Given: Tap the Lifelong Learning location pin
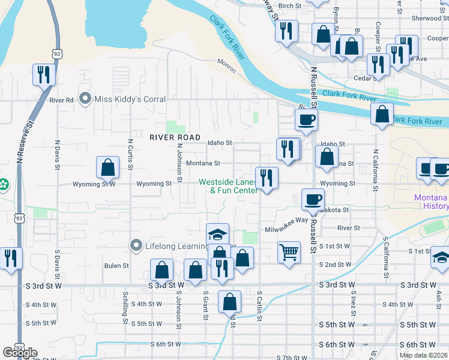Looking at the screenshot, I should (x=136, y=245).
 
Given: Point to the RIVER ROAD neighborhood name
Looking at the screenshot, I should (x=175, y=137).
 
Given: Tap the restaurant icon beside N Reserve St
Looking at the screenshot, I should (x=44, y=74).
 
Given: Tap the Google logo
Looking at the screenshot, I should (x=20, y=353).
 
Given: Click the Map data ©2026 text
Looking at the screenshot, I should (x=423, y=355).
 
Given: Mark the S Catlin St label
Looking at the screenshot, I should (x=259, y=306).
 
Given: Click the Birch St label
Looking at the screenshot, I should (x=289, y=5).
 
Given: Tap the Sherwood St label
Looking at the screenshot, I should (x=426, y=19).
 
